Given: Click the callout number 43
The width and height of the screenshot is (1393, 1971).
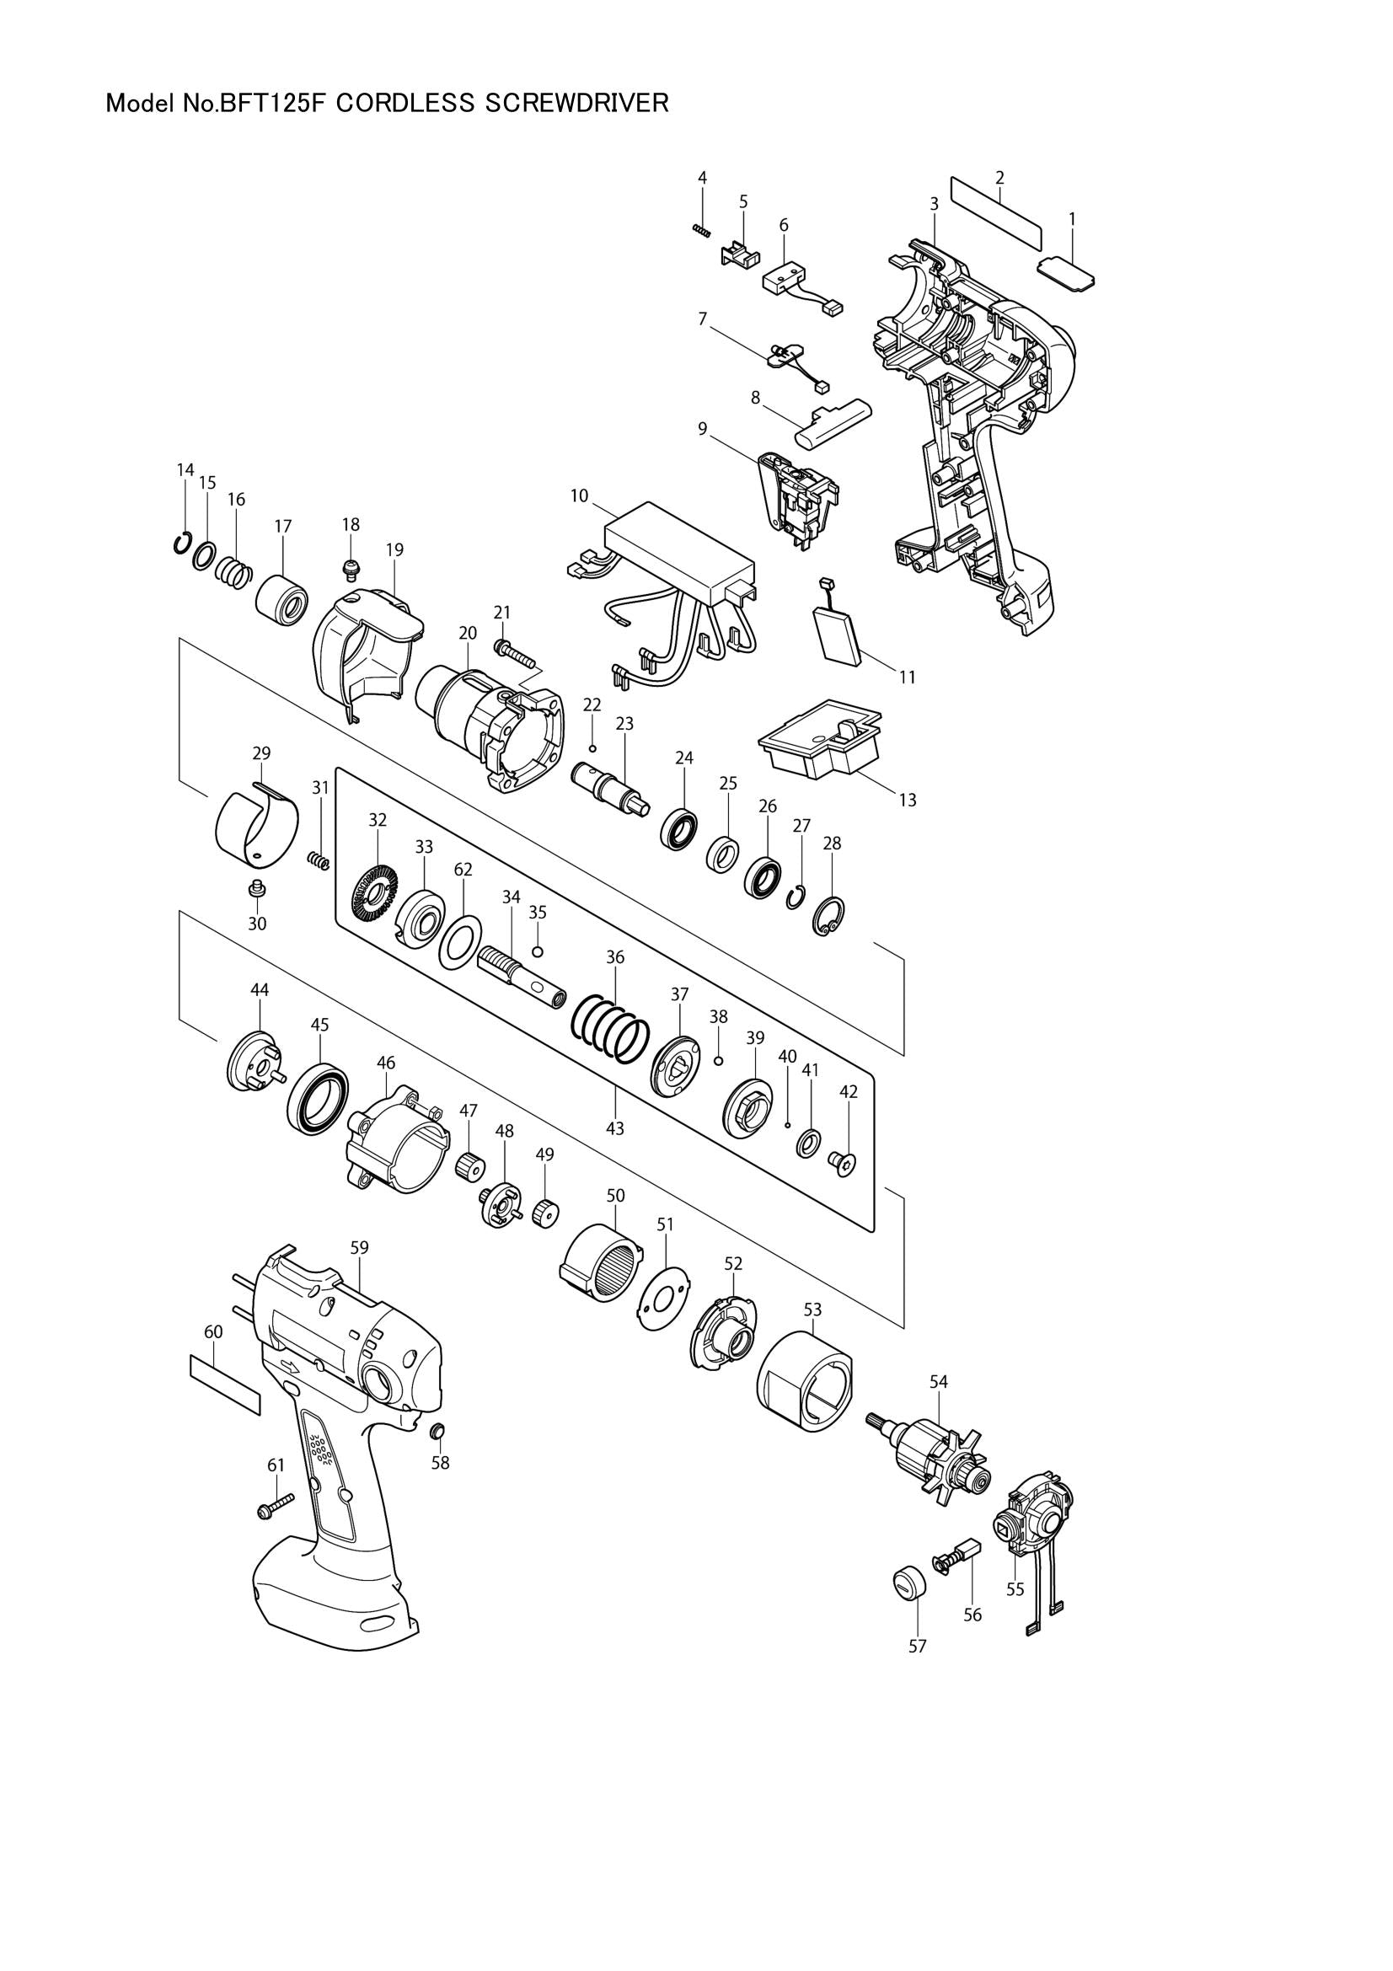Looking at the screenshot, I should tap(614, 1128).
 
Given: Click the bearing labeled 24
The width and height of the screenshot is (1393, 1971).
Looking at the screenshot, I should tap(679, 827).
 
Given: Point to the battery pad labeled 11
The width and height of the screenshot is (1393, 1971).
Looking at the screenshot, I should tap(842, 635).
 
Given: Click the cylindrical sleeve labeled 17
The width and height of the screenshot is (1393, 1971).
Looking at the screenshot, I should tap(281, 604).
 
